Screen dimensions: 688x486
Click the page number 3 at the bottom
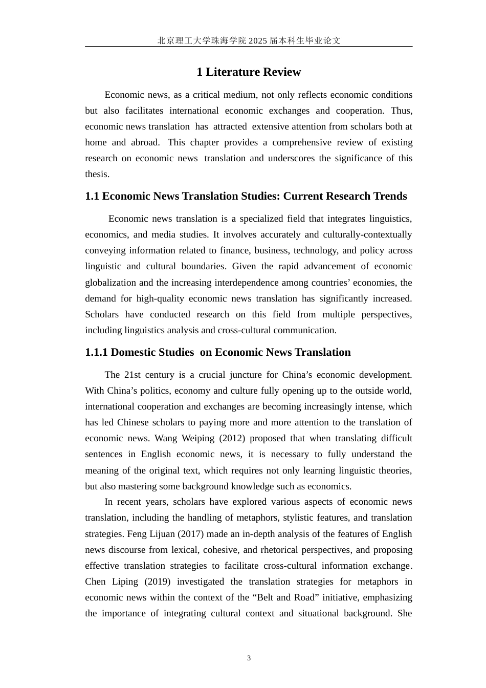pos(249,658)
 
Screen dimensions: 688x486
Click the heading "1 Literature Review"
pos(249,72)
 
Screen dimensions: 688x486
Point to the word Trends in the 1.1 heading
pos(390,196)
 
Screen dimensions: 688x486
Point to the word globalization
pos(111,283)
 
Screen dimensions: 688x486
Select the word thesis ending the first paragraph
pos(97,174)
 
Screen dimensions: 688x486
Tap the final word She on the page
pos(404,613)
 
